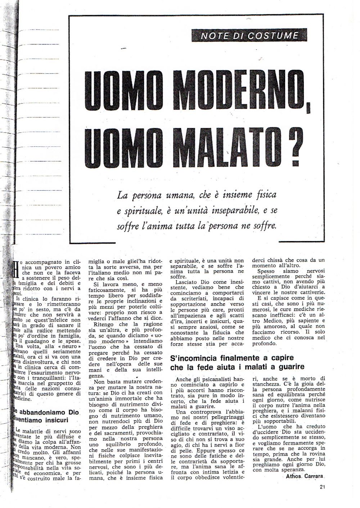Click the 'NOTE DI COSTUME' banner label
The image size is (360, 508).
click(x=250, y=35)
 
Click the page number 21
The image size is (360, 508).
click(x=322, y=487)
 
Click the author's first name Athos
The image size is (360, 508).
click(x=293, y=476)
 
